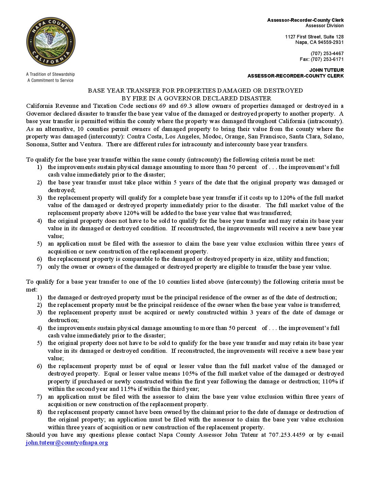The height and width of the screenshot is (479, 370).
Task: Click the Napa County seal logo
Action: pyautogui.click(x=51, y=42)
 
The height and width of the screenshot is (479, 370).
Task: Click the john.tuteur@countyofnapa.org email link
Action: pyautogui.click(x=67, y=443)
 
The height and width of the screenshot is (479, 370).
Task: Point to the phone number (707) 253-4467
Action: pyautogui.click(x=327, y=53)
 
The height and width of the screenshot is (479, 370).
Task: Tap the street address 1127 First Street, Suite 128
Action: pyautogui.click(x=314, y=37)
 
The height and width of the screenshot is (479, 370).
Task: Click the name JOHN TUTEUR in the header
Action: pyautogui.click(x=326, y=70)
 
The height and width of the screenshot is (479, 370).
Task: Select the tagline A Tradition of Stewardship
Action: pyautogui.click(x=50, y=74)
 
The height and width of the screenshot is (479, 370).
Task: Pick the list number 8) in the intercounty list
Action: pyautogui.click(x=39, y=412)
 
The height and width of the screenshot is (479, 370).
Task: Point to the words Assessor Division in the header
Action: pyautogui.click(x=324, y=26)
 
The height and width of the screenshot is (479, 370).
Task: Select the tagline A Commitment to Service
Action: pyautogui.click(x=50, y=80)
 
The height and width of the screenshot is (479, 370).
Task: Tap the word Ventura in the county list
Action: pyautogui.click(x=90, y=144)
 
